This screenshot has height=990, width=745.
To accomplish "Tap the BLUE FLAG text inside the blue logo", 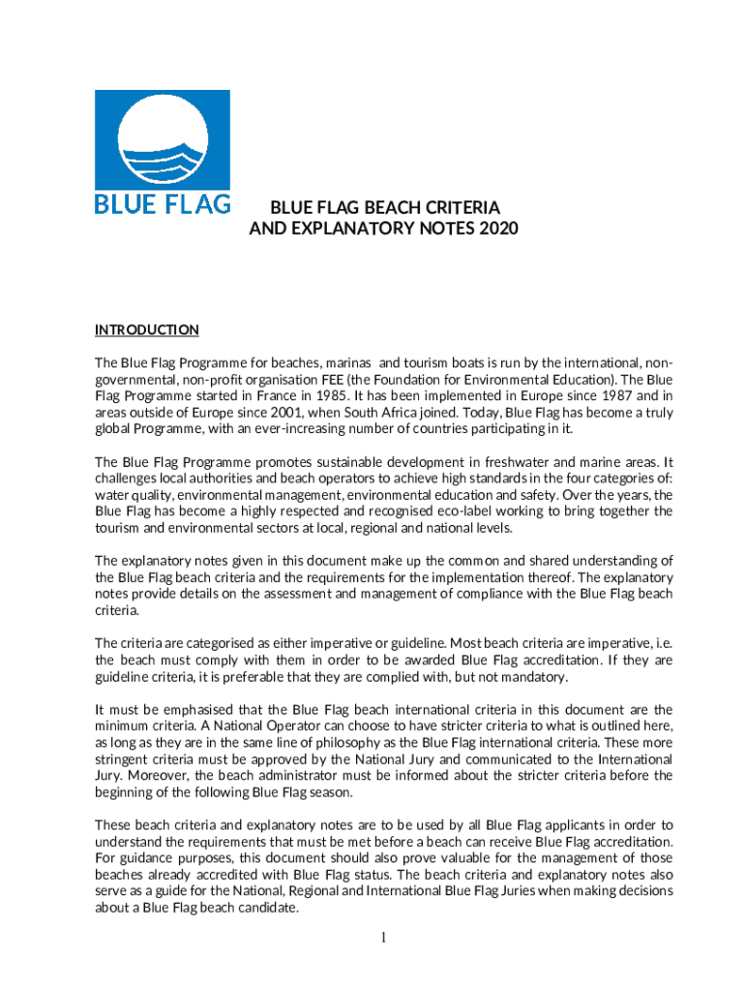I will click(x=162, y=204).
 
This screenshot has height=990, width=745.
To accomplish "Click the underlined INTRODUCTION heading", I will click(x=146, y=330).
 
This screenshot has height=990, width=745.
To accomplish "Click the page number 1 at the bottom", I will click(x=384, y=936).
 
